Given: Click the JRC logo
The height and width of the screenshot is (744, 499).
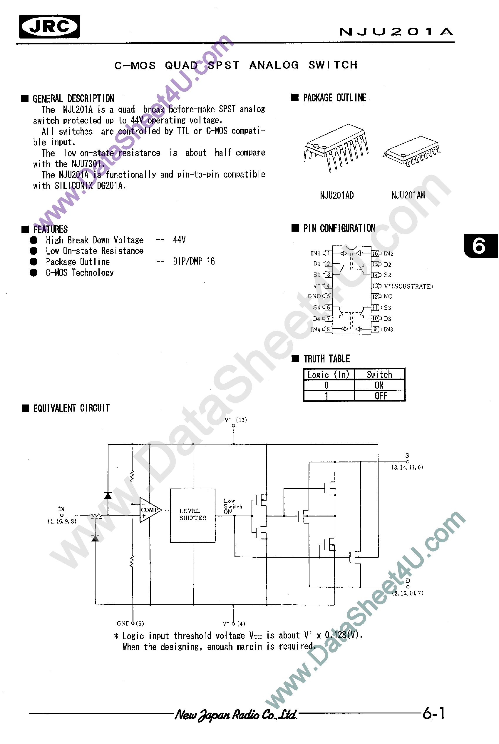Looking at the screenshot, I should pyautogui.click(x=49, y=26).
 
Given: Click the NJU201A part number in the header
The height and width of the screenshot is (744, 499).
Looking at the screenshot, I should pyautogui.click(x=396, y=32).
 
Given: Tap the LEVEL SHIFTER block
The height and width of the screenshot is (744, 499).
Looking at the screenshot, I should pyautogui.click(x=192, y=515).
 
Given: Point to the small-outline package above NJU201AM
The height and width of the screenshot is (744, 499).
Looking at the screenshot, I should pyautogui.click(x=412, y=151).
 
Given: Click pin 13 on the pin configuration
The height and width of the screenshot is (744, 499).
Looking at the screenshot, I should pyautogui.click(x=376, y=286).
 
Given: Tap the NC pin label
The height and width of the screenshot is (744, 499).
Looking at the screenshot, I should pyautogui.click(x=388, y=296).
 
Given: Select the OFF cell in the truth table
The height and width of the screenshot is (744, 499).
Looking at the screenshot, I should pyautogui.click(x=381, y=396).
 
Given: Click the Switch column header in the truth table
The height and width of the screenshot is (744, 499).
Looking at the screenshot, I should pyautogui.click(x=379, y=374).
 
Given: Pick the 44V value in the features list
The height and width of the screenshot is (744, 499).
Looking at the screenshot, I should pyautogui.click(x=179, y=240).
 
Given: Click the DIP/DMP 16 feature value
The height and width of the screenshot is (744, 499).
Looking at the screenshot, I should pyautogui.click(x=194, y=261).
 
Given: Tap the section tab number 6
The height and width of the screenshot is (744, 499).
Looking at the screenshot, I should pyautogui.click(x=479, y=246).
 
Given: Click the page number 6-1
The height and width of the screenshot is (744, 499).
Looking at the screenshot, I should pyautogui.click(x=433, y=713).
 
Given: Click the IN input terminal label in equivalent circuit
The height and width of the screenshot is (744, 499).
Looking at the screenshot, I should pyautogui.click(x=61, y=509).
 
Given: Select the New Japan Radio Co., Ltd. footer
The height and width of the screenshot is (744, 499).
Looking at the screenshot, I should pyautogui.click(x=236, y=715).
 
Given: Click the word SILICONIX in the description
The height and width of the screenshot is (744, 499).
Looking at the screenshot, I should pyautogui.click(x=73, y=185).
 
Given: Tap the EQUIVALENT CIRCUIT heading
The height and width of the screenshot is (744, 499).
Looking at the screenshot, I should pyautogui.click(x=71, y=408).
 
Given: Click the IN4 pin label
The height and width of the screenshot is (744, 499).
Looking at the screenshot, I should pyautogui.click(x=315, y=330).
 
